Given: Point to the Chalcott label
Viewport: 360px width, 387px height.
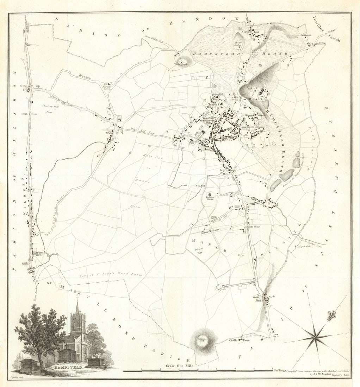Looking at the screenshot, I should point(221,289).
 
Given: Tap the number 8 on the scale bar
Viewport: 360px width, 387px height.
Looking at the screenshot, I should point(272,368).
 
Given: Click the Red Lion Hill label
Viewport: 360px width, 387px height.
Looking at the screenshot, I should point(224,172).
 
